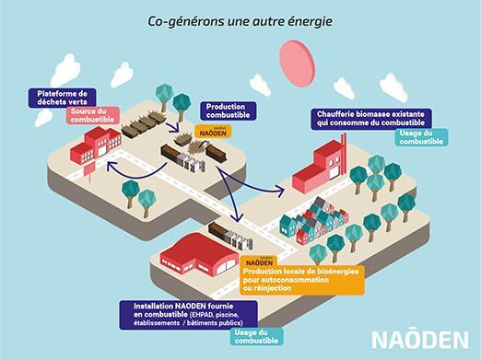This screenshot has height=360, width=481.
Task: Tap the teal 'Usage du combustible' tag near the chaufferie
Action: [x=423, y=138]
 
